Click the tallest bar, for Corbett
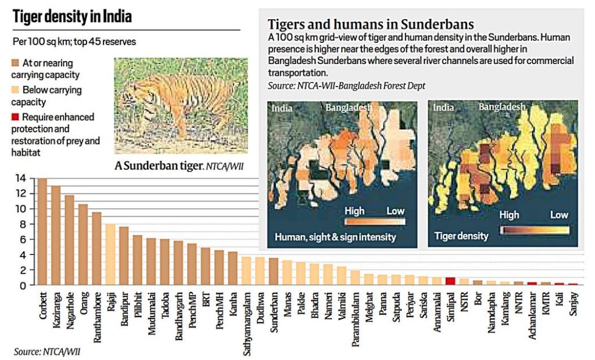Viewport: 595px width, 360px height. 42,232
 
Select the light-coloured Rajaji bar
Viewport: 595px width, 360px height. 110,255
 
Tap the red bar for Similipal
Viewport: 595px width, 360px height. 450,281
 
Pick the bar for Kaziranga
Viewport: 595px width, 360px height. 56,236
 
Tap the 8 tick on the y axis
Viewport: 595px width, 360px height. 23,224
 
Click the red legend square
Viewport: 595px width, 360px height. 16,117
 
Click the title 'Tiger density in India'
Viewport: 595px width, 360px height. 73,17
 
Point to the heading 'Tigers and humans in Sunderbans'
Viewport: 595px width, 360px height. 370,24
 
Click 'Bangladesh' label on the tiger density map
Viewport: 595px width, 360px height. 502,107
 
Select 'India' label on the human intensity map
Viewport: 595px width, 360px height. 281,107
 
